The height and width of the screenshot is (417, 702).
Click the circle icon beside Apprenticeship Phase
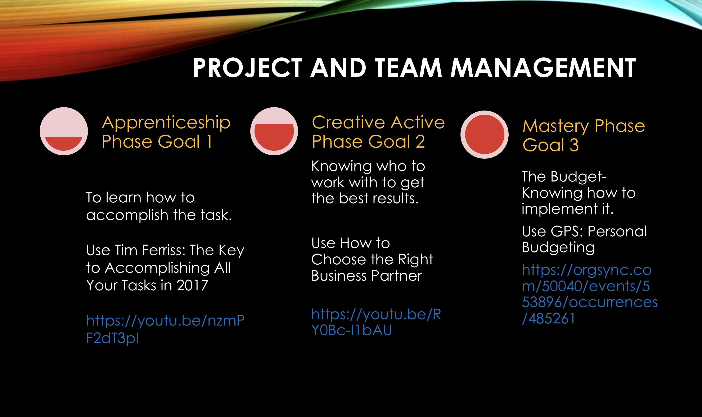point(64,131)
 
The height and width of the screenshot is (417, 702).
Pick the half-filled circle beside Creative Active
point(274,131)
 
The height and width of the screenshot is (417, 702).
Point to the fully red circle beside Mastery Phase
point(485,135)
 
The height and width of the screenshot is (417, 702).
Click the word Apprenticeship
point(166,123)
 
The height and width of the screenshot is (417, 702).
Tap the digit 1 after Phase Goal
point(209,141)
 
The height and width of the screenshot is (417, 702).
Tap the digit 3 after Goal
point(574,145)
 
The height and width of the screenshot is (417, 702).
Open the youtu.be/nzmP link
point(165,329)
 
